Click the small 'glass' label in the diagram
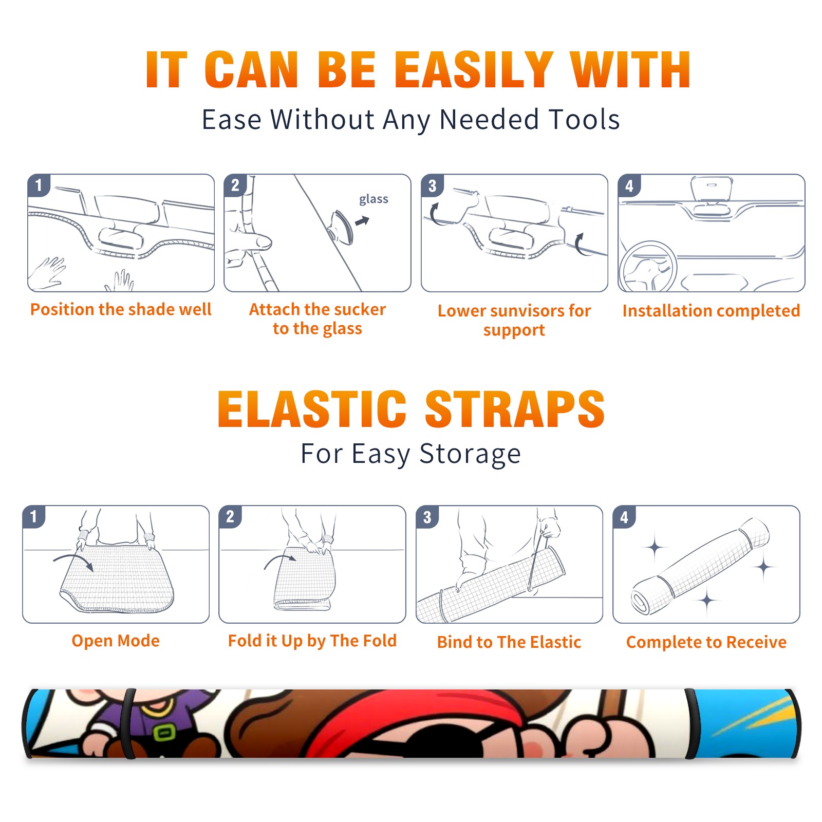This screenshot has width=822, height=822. (x=373, y=199)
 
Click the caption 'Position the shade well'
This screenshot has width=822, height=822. (x=121, y=309)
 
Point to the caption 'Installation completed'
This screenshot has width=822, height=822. (x=711, y=310)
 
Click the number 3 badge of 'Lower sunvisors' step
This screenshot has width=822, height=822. (x=432, y=185)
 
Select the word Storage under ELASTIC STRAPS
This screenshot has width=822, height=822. (x=470, y=454)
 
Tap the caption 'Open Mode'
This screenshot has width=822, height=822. (x=116, y=641)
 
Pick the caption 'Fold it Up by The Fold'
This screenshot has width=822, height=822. (x=312, y=641)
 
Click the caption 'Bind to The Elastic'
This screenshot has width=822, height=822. (x=509, y=642)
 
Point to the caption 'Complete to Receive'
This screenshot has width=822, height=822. (x=706, y=642)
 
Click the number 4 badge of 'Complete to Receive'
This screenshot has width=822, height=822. (x=624, y=517)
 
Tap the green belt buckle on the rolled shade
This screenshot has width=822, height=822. (x=164, y=732)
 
